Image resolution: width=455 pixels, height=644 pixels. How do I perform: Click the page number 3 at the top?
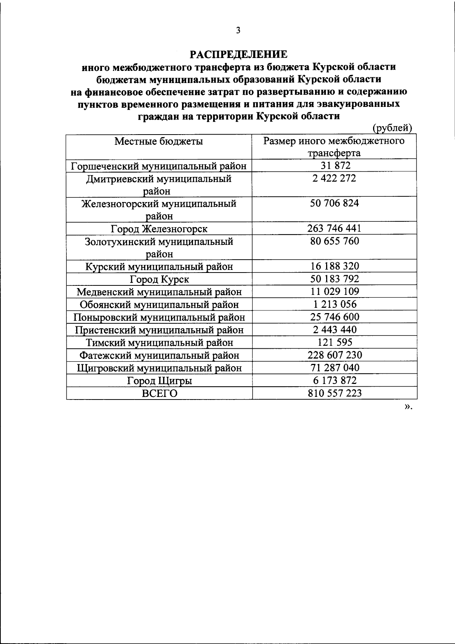pyautogui.click(x=238, y=31)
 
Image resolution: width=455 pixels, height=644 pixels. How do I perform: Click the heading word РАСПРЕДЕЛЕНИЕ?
pyautogui.click(x=239, y=55)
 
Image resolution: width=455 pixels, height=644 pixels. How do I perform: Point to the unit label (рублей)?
pyautogui.click(x=392, y=128)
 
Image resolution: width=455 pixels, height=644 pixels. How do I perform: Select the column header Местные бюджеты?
pyautogui.click(x=159, y=141)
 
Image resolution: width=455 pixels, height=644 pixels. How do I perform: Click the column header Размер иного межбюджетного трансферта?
pyautogui.click(x=334, y=147)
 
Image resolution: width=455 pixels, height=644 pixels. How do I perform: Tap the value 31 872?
pyautogui.click(x=334, y=165)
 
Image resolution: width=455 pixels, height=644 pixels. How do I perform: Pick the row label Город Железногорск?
pyautogui.click(x=159, y=229)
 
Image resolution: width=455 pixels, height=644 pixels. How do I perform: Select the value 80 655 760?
pyautogui.click(x=334, y=241)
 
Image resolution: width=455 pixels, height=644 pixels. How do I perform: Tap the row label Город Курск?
pyautogui.click(x=159, y=280)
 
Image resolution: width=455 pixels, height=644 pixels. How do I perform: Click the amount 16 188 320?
pyautogui.click(x=334, y=266)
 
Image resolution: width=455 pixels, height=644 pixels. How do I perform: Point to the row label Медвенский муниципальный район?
pyautogui.click(x=159, y=292)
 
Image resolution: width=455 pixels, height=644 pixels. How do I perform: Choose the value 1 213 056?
pyautogui.click(x=334, y=304)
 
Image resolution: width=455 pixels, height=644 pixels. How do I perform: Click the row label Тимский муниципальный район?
pyautogui.click(x=159, y=343)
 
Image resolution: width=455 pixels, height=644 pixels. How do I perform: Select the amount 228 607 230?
pyautogui.click(x=334, y=355)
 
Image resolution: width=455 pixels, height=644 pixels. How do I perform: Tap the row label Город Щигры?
pyautogui.click(x=159, y=381)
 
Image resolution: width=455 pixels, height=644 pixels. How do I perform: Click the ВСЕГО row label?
pyautogui.click(x=159, y=393)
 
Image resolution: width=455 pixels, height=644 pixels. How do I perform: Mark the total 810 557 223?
pyautogui.click(x=334, y=393)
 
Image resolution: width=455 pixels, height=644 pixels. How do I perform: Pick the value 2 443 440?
pyautogui.click(x=334, y=330)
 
